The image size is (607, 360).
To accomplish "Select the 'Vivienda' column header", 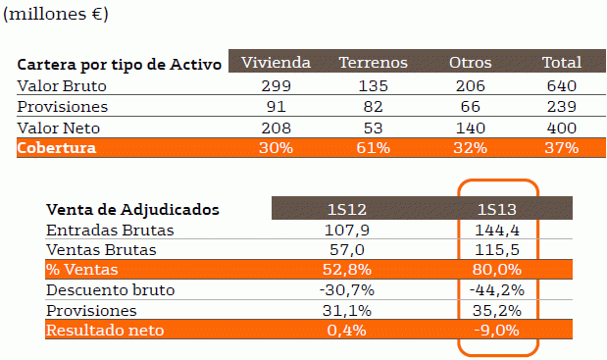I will point(276,63).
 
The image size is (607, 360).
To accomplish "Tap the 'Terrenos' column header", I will point(373,63).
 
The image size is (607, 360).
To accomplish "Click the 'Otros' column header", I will point(470,63).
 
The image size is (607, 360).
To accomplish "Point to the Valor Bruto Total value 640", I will point(560,85).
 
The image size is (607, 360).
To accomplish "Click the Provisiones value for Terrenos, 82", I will point(373,106).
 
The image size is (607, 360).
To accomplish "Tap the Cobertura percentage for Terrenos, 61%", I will point(373,148).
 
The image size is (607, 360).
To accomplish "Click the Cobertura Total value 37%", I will point(560,148).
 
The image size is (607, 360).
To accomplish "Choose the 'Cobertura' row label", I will point(56,148).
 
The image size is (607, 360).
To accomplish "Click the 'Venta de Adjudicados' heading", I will point(132,209).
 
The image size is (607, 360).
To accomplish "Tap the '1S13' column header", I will point(497,209).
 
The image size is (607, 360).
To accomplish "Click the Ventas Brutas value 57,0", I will point(347,250).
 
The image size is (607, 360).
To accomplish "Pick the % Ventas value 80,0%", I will point(497,270).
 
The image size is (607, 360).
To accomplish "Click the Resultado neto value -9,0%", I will point(497,331).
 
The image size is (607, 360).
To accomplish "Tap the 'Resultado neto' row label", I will point(105,331).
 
